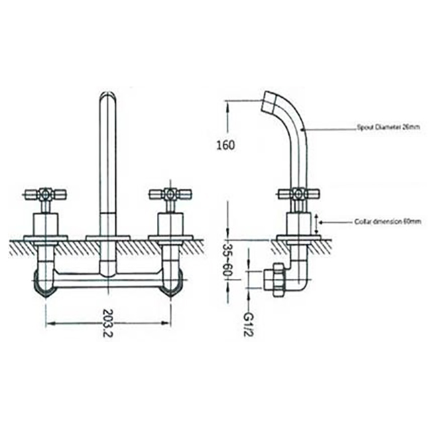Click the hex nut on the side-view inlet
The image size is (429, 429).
pyautogui.click(x=275, y=276)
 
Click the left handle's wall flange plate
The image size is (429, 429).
pyautogui.click(x=46, y=237)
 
